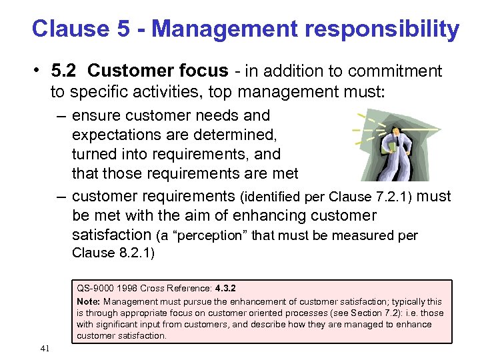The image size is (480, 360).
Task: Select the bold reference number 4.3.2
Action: coord(225,289)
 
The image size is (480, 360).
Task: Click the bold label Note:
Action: coord(89,302)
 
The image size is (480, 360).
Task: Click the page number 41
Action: coord(45,349)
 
